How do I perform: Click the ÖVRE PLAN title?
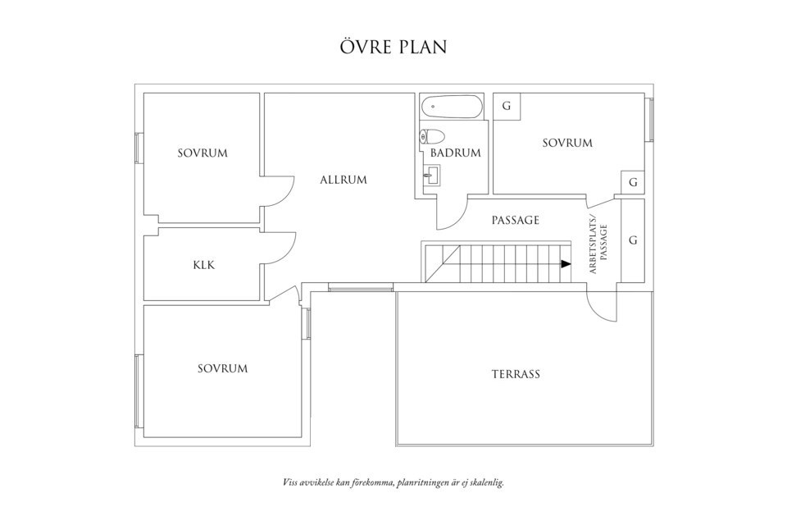tap(393, 47)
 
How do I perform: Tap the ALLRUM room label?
tap(343, 180)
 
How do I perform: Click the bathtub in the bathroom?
tap(451, 107)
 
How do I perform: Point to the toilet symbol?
tap(432, 136)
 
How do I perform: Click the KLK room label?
tap(203, 265)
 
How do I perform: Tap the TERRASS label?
tap(516, 374)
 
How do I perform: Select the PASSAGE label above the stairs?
tap(515, 220)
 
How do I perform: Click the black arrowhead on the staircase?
tap(566, 264)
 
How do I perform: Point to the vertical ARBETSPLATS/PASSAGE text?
tap(598, 244)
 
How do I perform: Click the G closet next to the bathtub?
tap(507, 107)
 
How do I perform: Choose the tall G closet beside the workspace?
tap(633, 240)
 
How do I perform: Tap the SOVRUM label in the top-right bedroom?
tap(567, 143)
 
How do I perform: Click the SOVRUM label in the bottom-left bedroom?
tap(222, 368)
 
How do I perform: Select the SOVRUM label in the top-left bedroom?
tap(202, 153)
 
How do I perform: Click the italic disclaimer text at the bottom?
tap(393, 482)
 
